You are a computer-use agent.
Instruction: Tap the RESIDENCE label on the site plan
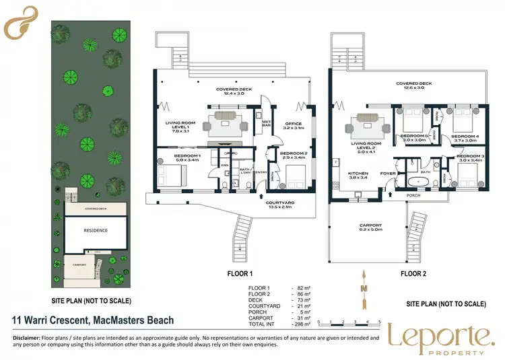pyautogui.click(x=95, y=229)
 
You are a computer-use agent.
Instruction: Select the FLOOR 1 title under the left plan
pyautogui.click(x=240, y=274)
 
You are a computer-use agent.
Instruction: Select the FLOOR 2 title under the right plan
pyautogui.click(x=414, y=274)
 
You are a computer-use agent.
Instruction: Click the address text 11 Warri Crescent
pyautogui.click(x=90, y=320)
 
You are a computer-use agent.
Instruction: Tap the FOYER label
pyautogui.click(x=387, y=173)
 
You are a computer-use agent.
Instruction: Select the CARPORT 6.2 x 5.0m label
pyautogui.click(x=370, y=227)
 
